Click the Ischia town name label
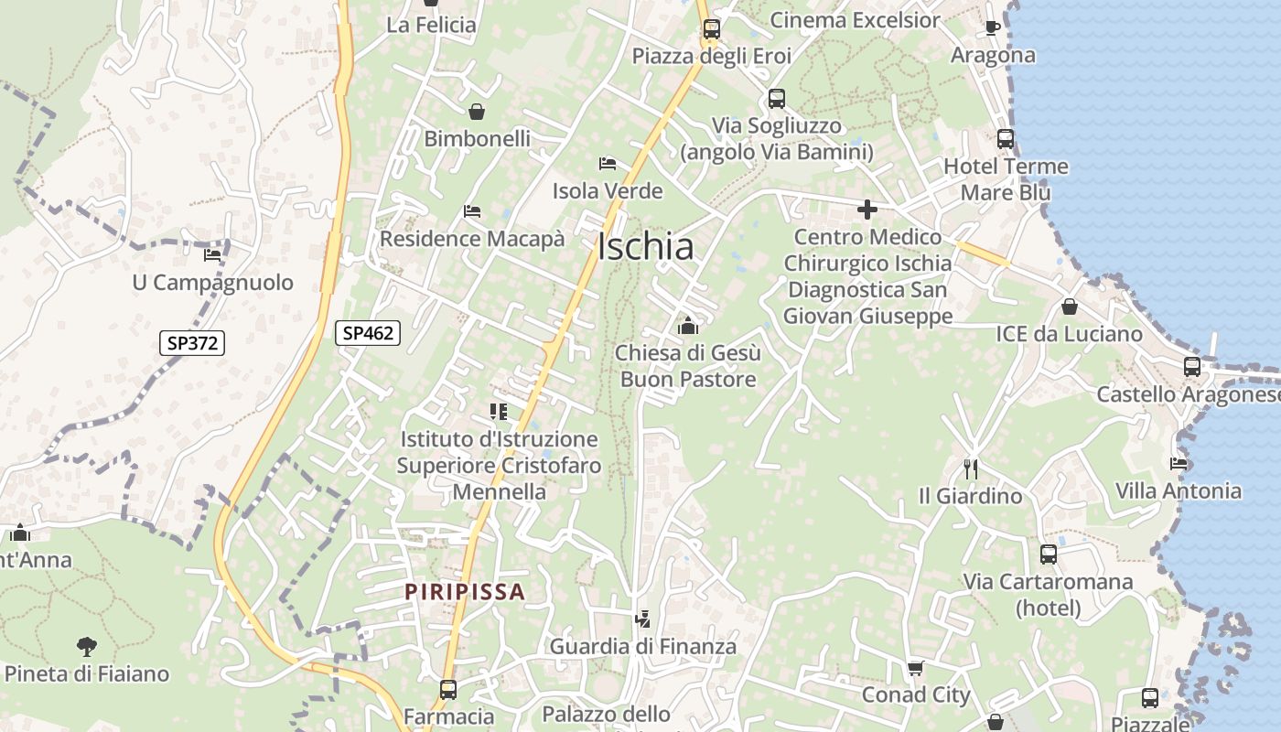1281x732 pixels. pyautogui.click(x=645, y=247)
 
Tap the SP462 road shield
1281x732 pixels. pyautogui.click(x=369, y=333)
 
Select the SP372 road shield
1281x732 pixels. pyautogui.click(x=192, y=343)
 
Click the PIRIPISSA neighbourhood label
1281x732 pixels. pyautogui.click(x=466, y=592)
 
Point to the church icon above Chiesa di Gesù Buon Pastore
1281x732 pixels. pyautogui.click(x=688, y=325)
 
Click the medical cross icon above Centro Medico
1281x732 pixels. pyautogui.click(x=867, y=210)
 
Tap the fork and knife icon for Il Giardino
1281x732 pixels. pyautogui.click(x=971, y=469)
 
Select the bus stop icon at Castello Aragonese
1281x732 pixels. pyautogui.click(x=1191, y=367)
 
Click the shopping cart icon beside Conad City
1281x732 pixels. pyautogui.click(x=916, y=668)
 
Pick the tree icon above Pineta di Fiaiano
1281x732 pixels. pyautogui.click(x=87, y=647)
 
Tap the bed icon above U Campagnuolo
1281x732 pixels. pyautogui.click(x=212, y=254)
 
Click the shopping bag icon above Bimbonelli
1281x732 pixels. pyautogui.click(x=477, y=112)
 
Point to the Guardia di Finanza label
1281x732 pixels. pyautogui.click(x=642, y=647)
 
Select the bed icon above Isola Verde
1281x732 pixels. pyautogui.click(x=608, y=164)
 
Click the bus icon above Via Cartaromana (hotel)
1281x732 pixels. pyautogui.click(x=1049, y=554)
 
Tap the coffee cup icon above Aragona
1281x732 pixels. pyautogui.click(x=992, y=28)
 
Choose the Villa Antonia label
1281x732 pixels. pyautogui.click(x=1179, y=490)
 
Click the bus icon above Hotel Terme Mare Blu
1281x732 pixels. pyautogui.click(x=1006, y=139)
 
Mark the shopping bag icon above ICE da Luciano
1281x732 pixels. pyautogui.click(x=1069, y=307)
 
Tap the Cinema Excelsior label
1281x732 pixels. pyautogui.click(x=855, y=20)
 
